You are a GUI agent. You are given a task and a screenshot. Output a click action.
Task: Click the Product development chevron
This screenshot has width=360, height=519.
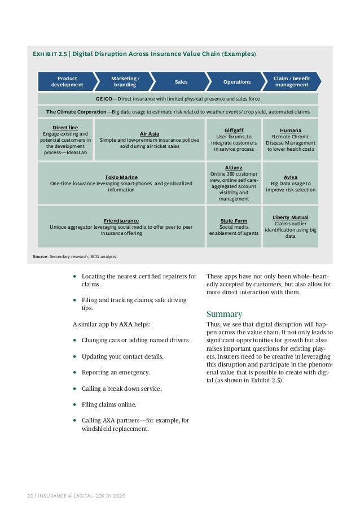pos(67,81)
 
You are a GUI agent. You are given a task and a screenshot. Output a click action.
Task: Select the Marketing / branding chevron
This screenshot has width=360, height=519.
pos(125,81)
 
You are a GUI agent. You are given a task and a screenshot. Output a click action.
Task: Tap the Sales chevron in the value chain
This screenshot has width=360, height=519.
pos(181,82)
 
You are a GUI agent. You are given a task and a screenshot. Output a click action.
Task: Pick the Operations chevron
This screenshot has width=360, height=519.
pos(236,82)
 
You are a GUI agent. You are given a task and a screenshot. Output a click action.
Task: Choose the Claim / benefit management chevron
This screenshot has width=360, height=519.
pos(291,81)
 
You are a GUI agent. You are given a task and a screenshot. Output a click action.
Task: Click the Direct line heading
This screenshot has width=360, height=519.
pos(65,128)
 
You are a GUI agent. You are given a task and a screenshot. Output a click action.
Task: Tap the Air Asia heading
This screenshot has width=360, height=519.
pos(150,133)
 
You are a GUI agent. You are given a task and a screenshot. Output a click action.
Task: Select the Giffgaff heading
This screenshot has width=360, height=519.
pos(234,130)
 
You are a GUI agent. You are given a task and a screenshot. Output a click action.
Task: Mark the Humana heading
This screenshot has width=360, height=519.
pos(291,130)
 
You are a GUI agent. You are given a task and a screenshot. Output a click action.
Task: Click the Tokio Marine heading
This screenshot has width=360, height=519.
pos(121,177)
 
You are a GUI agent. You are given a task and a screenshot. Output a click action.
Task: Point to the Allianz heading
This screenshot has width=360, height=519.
pos(234,168)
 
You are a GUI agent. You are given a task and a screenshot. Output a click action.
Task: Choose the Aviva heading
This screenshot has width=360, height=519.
pos(291,177)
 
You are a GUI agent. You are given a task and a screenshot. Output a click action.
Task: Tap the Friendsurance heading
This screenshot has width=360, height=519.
pos(121,220)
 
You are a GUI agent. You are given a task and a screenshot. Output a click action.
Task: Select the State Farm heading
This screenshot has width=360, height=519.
pos(234,221)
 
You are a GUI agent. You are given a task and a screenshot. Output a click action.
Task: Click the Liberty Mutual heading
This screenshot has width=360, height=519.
pos(291,217)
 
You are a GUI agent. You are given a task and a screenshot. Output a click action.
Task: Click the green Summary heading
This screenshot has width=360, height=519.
pos(225,314)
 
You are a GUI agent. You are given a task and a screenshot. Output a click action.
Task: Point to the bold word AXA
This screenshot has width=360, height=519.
pos(126,324)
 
